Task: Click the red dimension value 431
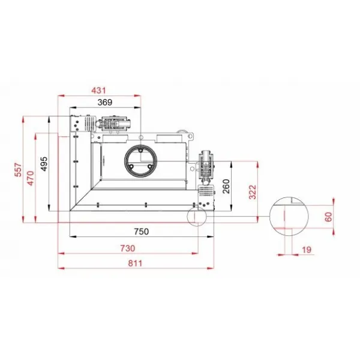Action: coord(98,91)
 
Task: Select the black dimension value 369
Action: coord(105,102)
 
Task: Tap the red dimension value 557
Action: coord(18,170)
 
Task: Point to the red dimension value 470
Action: coord(31,178)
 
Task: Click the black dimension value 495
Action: coord(44,164)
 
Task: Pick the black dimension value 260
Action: coord(226,186)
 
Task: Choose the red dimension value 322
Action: coord(253,192)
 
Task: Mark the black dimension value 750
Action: coord(142,232)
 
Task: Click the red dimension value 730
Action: coord(128,248)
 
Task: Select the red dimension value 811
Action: coord(135,263)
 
